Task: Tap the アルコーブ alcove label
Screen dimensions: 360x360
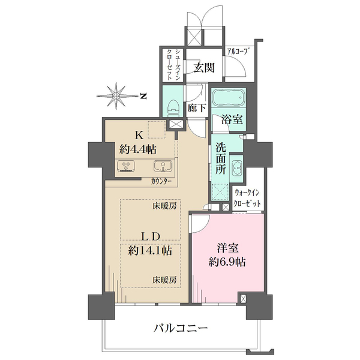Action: (238, 52)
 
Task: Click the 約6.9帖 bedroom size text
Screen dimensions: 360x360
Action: (227, 262)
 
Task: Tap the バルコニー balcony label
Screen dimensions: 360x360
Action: (181, 328)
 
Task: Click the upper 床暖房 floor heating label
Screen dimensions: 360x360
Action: (164, 206)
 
